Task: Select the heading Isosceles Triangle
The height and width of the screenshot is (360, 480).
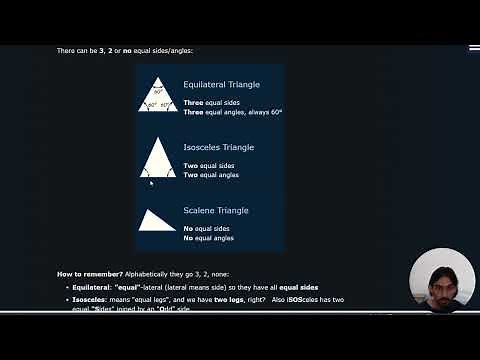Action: [218, 147]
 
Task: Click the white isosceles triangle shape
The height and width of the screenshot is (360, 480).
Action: [158, 160]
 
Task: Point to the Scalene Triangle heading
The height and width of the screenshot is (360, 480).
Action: [216, 210]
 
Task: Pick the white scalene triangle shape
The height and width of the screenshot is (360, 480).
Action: [155, 221]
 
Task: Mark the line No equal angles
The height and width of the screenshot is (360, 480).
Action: [209, 238]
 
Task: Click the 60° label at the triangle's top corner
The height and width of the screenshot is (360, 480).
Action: [158, 92]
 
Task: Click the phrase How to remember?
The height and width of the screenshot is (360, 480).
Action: [91, 273]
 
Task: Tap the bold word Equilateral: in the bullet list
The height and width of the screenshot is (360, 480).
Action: [92, 286]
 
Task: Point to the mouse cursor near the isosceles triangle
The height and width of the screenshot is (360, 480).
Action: [151, 182]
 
